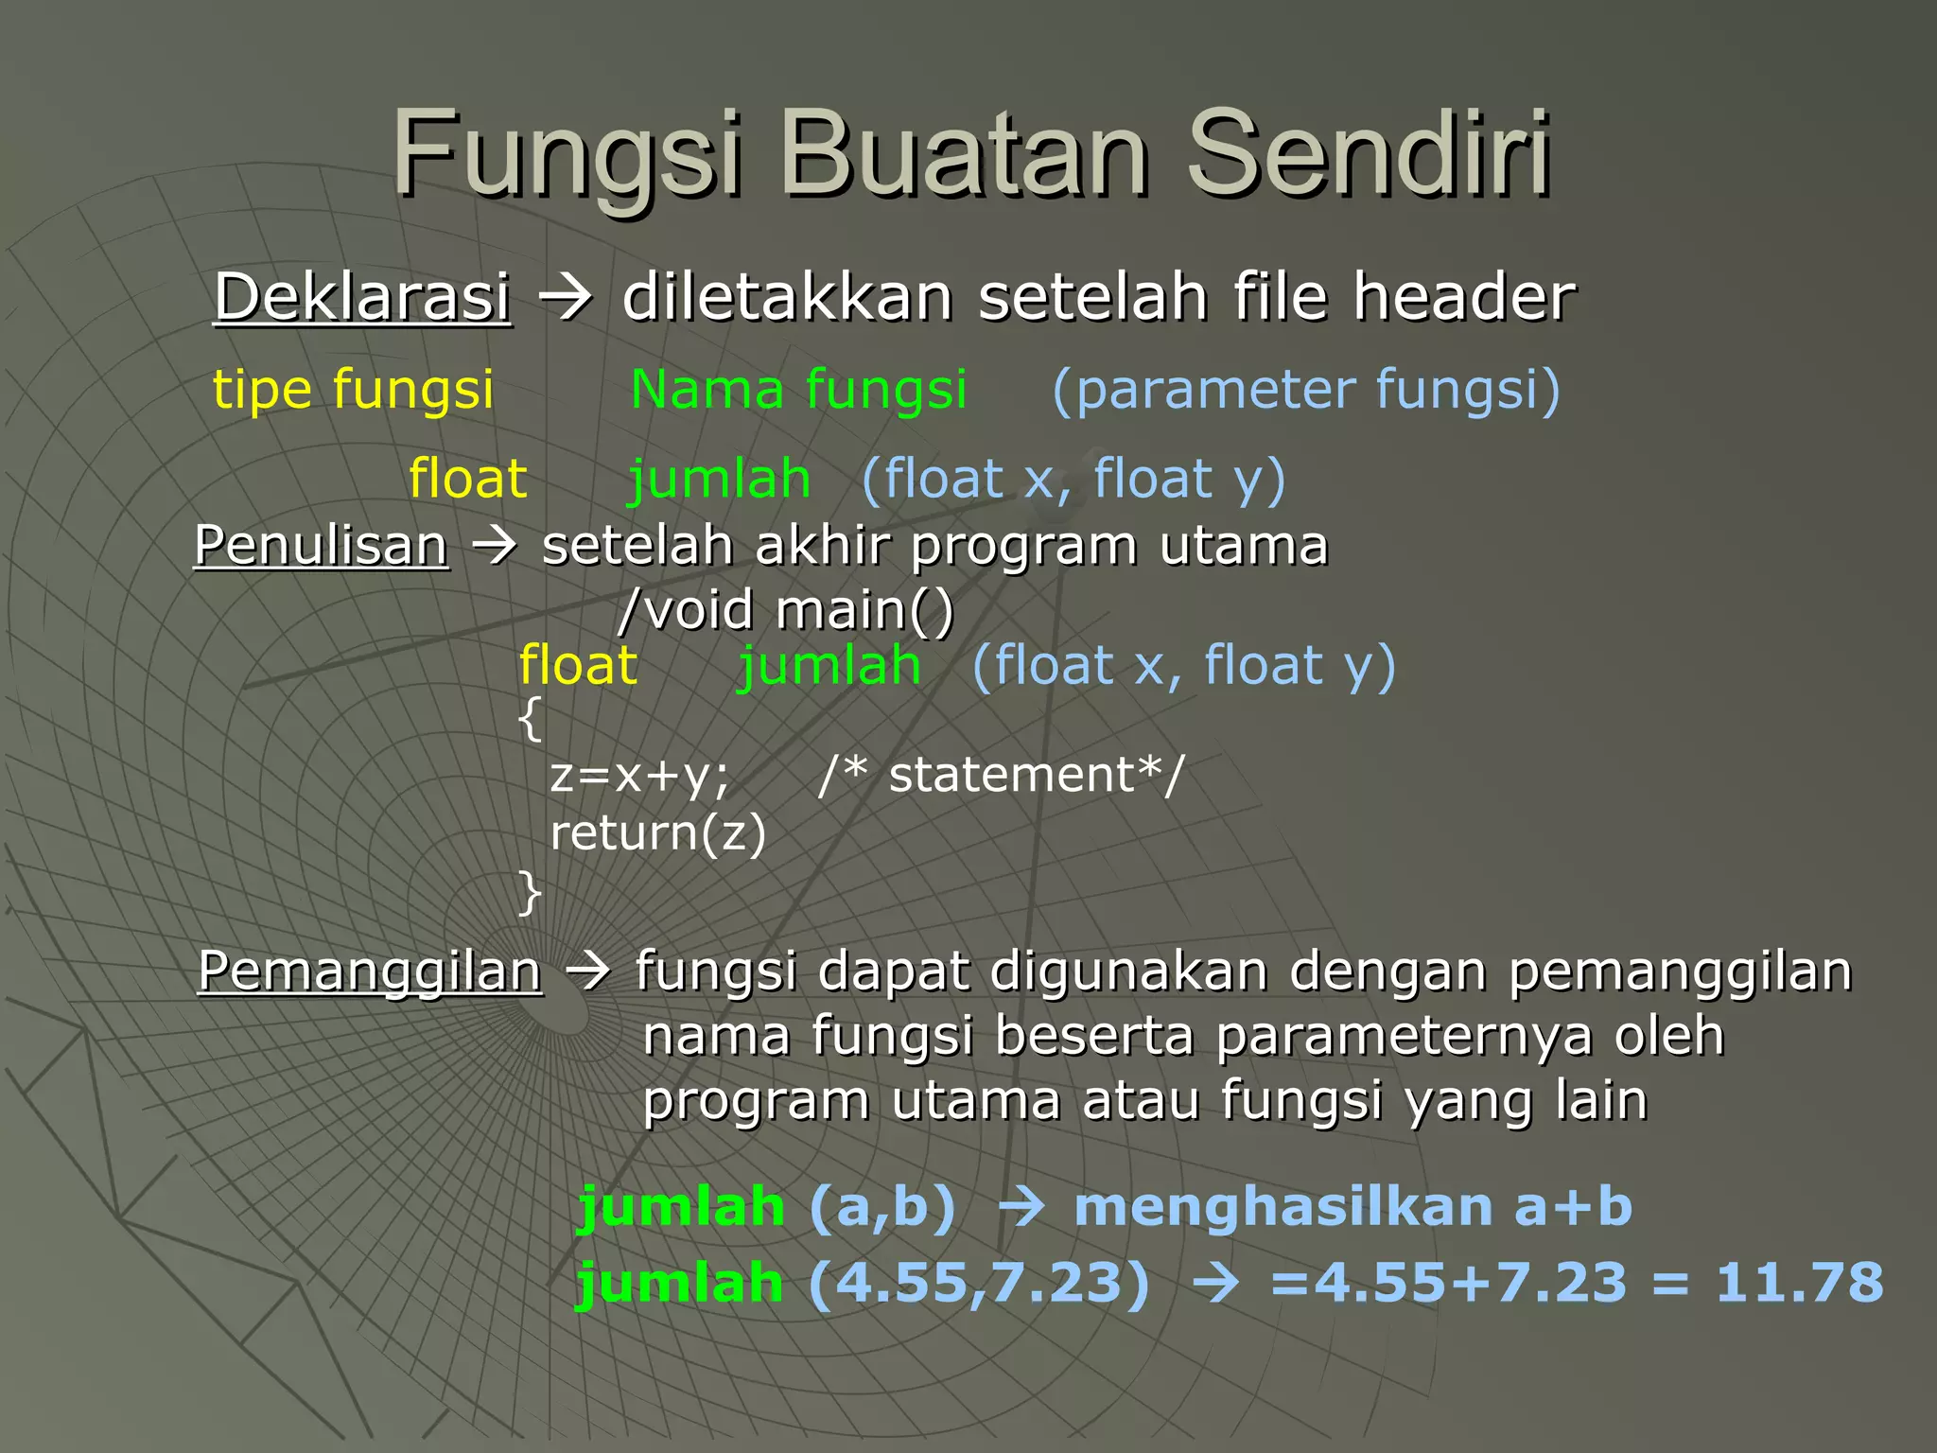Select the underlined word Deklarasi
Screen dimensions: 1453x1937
click(x=362, y=297)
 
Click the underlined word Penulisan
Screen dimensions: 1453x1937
click(x=321, y=546)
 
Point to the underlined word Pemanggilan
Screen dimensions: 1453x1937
click(x=370, y=972)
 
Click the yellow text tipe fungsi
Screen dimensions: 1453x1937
click(x=353, y=390)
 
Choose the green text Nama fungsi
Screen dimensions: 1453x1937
click(x=798, y=390)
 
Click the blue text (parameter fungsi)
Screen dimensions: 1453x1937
click(x=1306, y=390)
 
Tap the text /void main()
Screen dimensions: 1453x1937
click(x=786, y=609)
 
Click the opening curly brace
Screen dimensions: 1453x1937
click(x=531, y=719)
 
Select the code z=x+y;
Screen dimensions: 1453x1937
click(x=640, y=776)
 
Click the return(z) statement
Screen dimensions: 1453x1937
click(x=658, y=833)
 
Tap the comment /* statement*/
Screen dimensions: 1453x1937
click(x=1002, y=776)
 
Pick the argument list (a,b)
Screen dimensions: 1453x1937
click(x=882, y=1208)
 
